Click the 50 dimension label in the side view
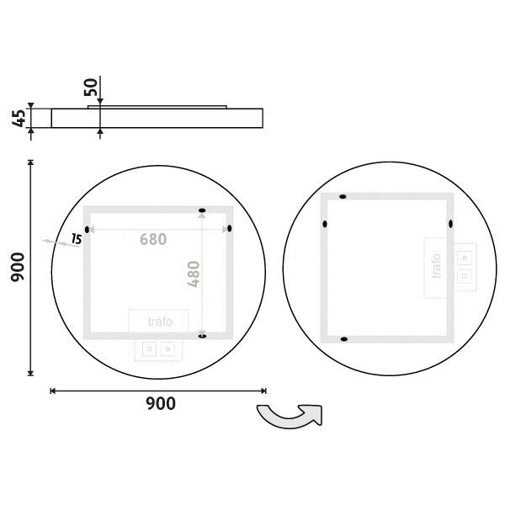click(x=91, y=87)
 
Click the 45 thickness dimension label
click(x=19, y=118)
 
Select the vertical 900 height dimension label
click(x=18, y=268)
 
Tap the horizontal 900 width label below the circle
click(x=161, y=403)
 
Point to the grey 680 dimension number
click(x=153, y=239)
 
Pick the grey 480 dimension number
click(x=194, y=274)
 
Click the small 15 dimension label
click(x=77, y=239)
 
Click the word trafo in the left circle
click(x=160, y=322)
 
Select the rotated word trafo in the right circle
click(x=436, y=266)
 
